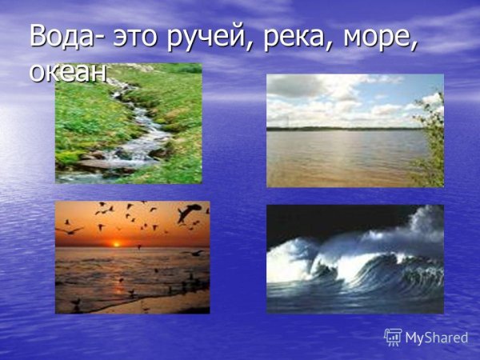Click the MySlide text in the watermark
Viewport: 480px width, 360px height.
pos(437,338)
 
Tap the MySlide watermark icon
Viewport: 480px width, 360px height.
pos(393,337)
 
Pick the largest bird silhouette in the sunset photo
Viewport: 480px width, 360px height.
pos(189,212)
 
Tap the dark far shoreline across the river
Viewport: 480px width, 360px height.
pos(336,128)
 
